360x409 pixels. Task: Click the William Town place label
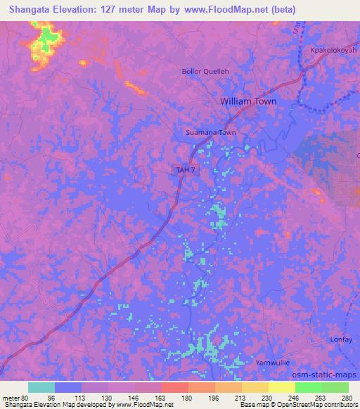coord(248,101)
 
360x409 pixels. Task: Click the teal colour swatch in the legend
coord(41,387)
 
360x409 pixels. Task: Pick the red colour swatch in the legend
coord(174,387)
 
